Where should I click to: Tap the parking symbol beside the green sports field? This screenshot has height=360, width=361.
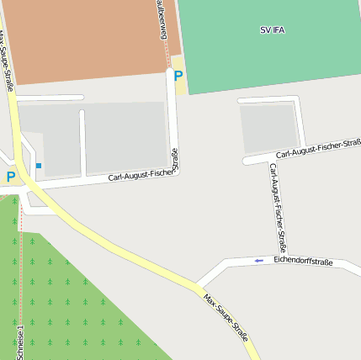coord(178,77)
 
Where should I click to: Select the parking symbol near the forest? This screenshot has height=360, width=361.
coord(10,177)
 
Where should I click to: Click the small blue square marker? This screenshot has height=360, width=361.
coord(39,165)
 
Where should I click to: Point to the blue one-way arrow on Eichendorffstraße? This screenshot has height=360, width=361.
coord(259,261)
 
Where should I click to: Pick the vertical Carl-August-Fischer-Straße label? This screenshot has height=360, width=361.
coord(278,208)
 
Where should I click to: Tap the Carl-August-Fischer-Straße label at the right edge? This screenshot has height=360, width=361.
coord(318,149)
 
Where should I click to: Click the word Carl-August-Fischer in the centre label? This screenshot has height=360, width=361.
coord(140,176)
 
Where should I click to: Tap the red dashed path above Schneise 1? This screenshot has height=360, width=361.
coord(20,252)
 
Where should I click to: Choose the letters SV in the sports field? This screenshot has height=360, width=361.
coord(264,29)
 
